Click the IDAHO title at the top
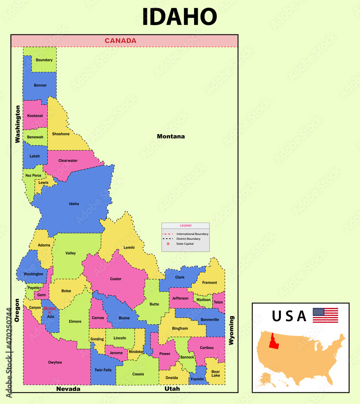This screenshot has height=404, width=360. [x=180, y=17]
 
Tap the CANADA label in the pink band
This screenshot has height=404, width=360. [x=120, y=41]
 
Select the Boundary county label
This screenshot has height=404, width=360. [x=44, y=60]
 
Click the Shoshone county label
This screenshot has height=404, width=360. [x=61, y=134]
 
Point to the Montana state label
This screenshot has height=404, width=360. [x=171, y=137]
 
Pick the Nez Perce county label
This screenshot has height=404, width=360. [x=33, y=176]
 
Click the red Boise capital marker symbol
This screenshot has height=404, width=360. [x=50, y=313]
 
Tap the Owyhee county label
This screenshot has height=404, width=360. [x=55, y=362]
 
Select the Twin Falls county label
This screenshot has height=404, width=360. [x=103, y=370]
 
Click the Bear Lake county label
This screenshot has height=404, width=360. [x=216, y=373]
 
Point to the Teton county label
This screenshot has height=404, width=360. [x=218, y=302]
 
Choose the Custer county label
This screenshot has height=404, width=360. [x=115, y=279]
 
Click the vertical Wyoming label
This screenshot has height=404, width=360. [x=231, y=330]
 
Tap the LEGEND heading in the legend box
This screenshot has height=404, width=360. [x=186, y=226]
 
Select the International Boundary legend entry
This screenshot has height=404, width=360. [x=192, y=234]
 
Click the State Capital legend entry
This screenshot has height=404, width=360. [x=184, y=244]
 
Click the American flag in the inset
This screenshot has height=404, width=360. [x=325, y=315]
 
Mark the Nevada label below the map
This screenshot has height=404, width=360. [x=68, y=389]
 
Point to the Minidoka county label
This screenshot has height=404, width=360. [x=136, y=351]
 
